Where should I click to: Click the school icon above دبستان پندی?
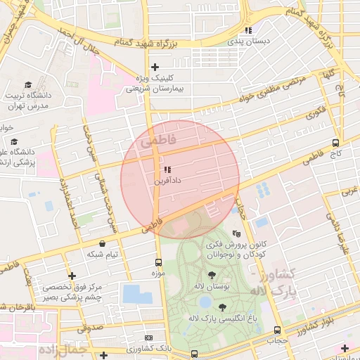point(247,30)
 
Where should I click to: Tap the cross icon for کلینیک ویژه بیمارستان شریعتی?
point(155,67)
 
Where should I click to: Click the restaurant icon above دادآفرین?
point(167,169)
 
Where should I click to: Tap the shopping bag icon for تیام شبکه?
point(103,243)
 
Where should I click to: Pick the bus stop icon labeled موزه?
point(158,263)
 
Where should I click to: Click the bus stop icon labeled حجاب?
point(277,330)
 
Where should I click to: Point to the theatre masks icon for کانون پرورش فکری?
point(236,233)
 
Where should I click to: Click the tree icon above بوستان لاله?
point(212,275)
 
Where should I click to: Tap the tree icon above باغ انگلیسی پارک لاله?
point(223,307)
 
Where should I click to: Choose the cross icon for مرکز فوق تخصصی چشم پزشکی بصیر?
point(71,276)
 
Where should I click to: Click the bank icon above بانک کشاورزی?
point(148,338)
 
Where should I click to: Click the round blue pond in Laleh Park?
point(205,302)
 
